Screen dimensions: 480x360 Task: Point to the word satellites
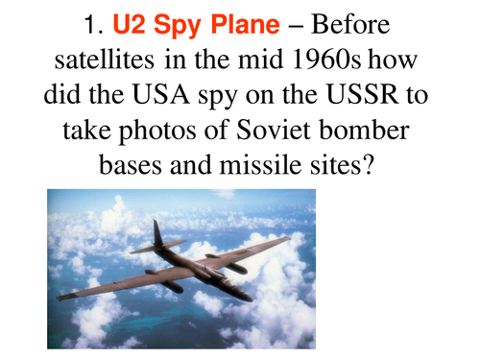pos(105,60)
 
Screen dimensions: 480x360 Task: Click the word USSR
pos(363,95)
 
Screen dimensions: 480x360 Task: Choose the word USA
pos(161,95)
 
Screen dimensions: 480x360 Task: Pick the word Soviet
pos(274,130)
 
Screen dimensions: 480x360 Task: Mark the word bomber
pos(364,130)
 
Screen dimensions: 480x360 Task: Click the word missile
pos(260,165)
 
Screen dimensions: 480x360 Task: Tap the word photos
pos(157,132)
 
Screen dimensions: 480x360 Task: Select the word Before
pos(350,25)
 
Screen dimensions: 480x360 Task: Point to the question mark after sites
pos(368,165)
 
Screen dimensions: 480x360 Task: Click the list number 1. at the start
pos(93,25)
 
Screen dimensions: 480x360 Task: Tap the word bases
pos(131,165)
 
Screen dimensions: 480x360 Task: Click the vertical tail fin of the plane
pos(157,233)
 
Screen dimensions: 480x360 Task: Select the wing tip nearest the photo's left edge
pos(59,299)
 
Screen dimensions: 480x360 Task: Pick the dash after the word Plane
pos(296,27)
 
